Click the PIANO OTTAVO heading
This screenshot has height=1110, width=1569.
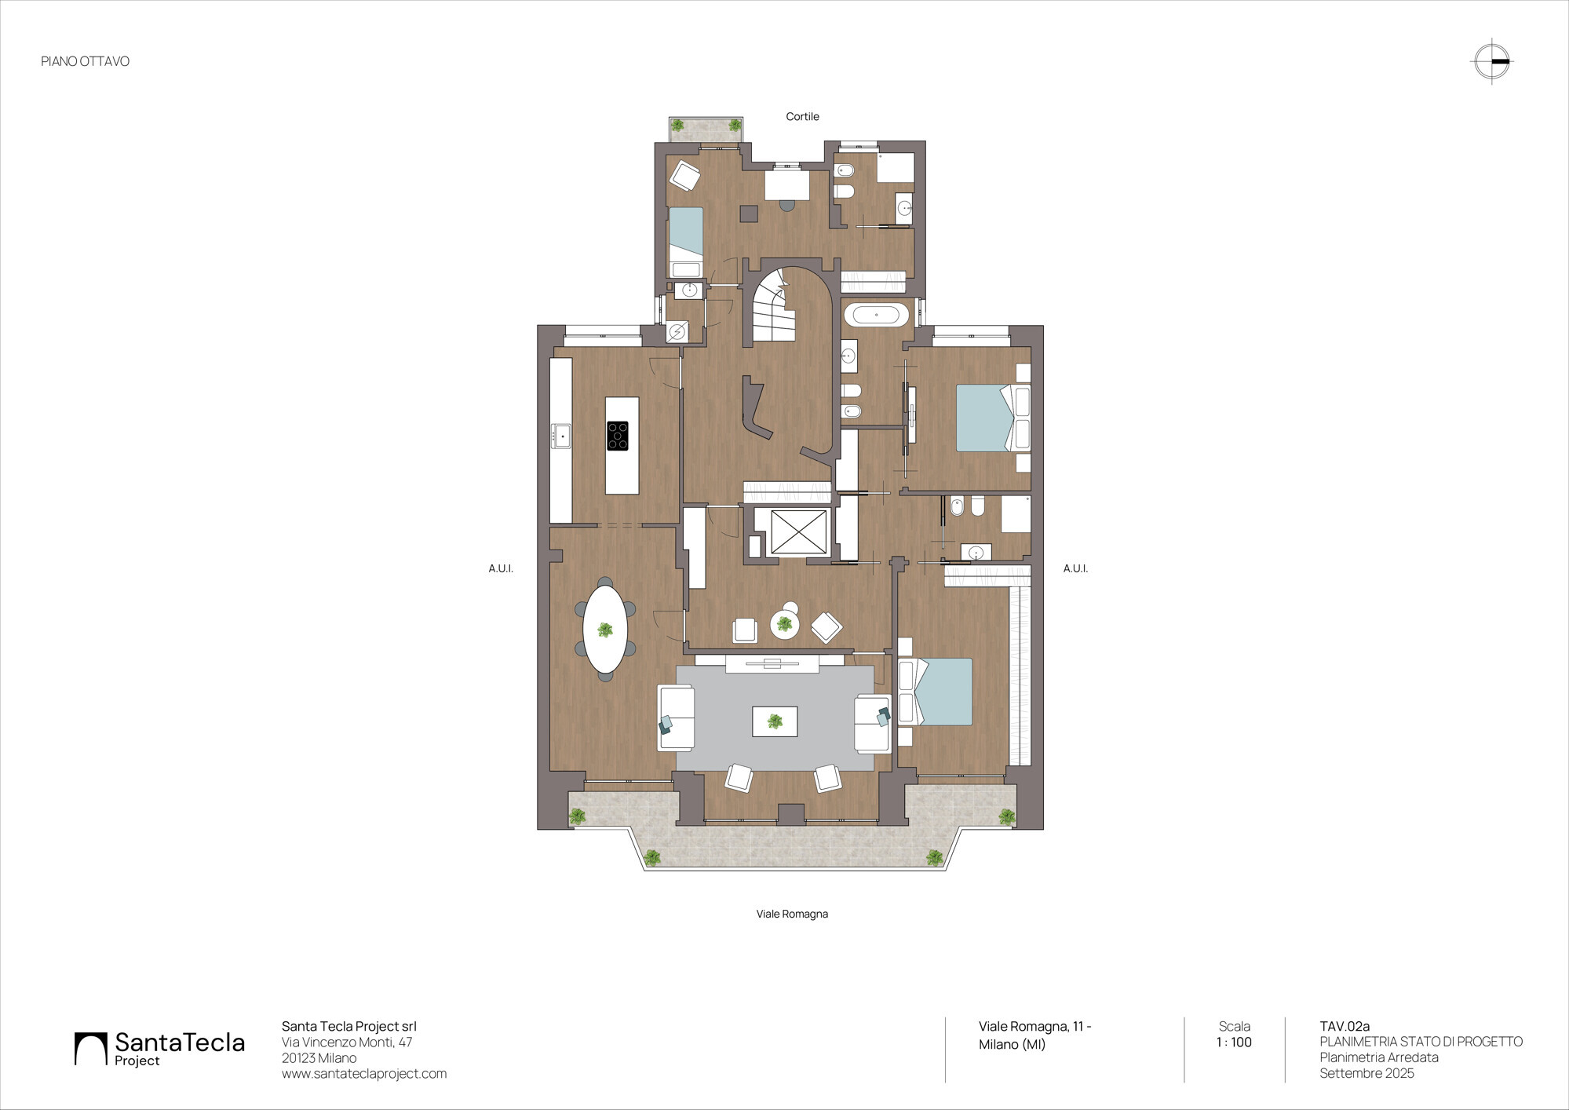click(85, 61)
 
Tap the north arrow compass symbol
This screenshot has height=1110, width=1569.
click(1491, 61)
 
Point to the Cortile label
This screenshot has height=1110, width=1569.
click(802, 116)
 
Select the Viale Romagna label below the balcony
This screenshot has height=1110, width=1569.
click(792, 914)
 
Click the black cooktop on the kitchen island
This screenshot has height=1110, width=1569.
click(618, 436)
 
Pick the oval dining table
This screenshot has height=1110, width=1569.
click(605, 630)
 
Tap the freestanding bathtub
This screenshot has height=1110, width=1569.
click(876, 316)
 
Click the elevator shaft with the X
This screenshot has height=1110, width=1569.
click(798, 532)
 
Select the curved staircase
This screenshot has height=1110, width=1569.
click(773, 306)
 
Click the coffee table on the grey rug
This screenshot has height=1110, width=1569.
click(775, 721)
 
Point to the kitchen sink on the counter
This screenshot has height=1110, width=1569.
click(561, 436)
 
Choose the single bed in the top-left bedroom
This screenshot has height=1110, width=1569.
click(685, 243)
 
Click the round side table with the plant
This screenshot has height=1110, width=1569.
click(784, 624)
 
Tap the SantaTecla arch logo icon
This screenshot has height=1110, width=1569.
click(90, 1049)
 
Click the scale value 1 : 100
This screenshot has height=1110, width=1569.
click(1234, 1042)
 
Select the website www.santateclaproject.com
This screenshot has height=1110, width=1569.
click(364, 1073)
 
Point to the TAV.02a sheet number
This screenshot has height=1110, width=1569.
click(1345, 1026)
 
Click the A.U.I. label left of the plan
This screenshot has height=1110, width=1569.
click(501, 568)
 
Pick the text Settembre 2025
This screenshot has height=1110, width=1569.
click(1366, 1073)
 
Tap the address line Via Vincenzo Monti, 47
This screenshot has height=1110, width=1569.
click(347, 1042)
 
